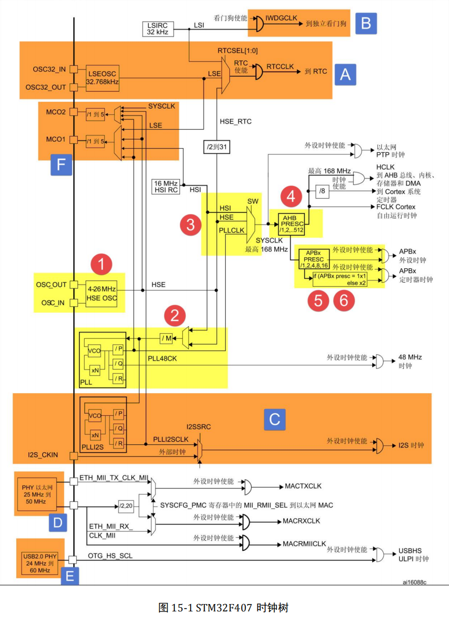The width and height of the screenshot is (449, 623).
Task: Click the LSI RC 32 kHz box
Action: (157, 29)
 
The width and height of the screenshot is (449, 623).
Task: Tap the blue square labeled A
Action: (345, 74)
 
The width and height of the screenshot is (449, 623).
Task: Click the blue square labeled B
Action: (366, 23)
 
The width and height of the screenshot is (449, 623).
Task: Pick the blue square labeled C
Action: (274, 419)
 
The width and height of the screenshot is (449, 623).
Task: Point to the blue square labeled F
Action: (61, 164)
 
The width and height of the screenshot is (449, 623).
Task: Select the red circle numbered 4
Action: (290, 197)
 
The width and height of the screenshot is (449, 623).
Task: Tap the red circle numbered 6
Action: (344, 300)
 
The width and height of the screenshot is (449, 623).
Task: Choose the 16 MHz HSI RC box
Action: (166, 187)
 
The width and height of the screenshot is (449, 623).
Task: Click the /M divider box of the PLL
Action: (167, 337)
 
